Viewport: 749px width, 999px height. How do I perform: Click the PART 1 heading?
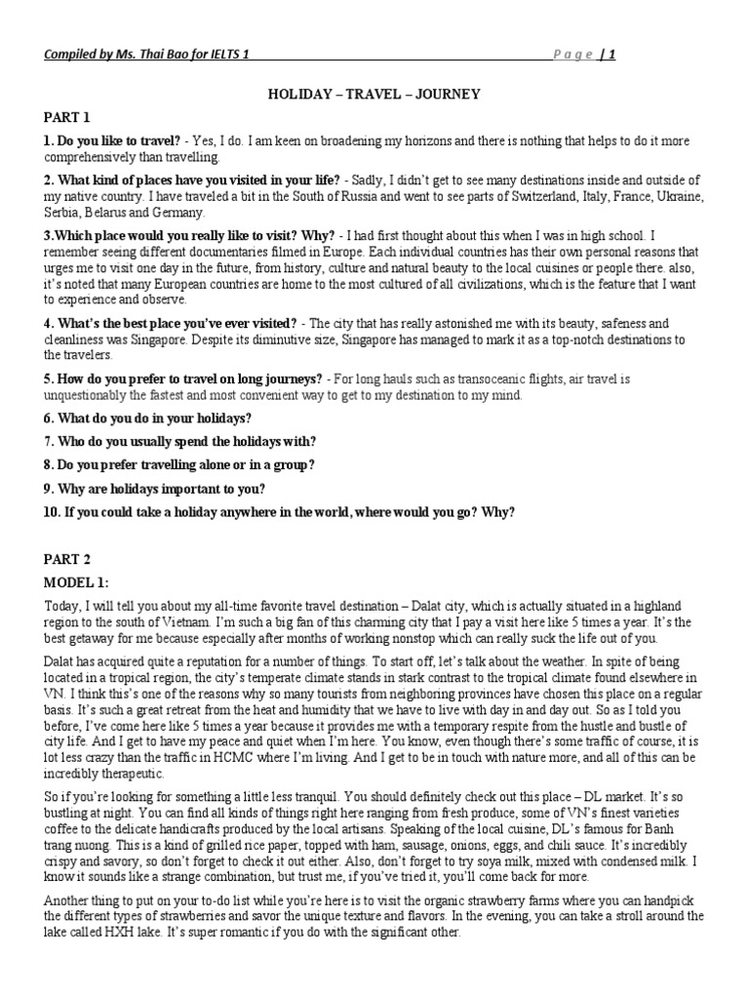click(65, 117)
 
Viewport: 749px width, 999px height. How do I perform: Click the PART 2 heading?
click(65, 559)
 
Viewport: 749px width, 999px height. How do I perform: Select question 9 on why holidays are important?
click(154, 489)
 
